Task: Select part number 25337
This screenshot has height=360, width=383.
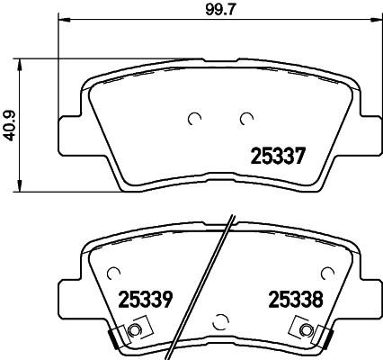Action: coord(277,156)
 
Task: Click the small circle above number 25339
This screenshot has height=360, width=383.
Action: coord(112,271)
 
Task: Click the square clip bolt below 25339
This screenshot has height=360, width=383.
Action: coord(135,332)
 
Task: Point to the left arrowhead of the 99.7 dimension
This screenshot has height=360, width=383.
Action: coord(62,21)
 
